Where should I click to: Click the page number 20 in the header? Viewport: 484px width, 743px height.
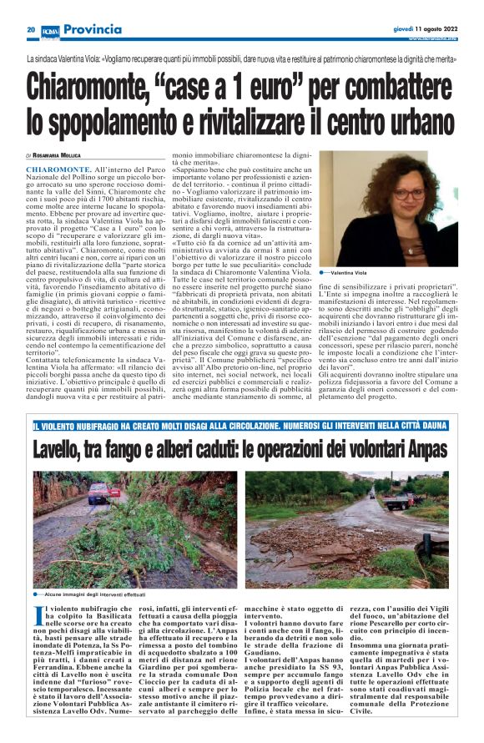click(31, 30)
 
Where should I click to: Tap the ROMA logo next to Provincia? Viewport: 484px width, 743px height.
click(50, 30)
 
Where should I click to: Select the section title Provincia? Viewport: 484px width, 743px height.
click(92, 30)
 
